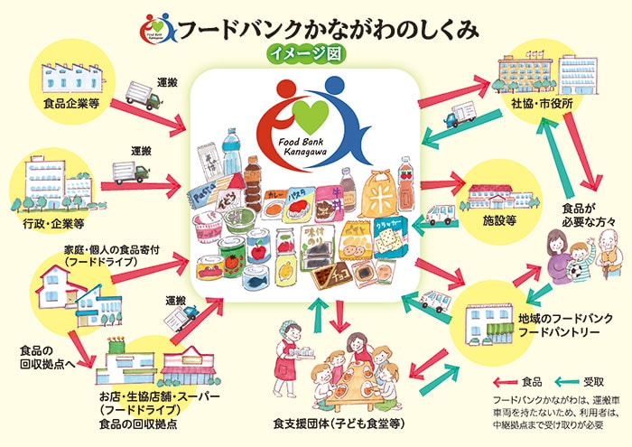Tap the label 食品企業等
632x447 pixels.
tap(70, 103)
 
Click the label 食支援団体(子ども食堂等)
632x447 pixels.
tap(339, 424)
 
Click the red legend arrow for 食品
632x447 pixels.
tap(507, 382)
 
